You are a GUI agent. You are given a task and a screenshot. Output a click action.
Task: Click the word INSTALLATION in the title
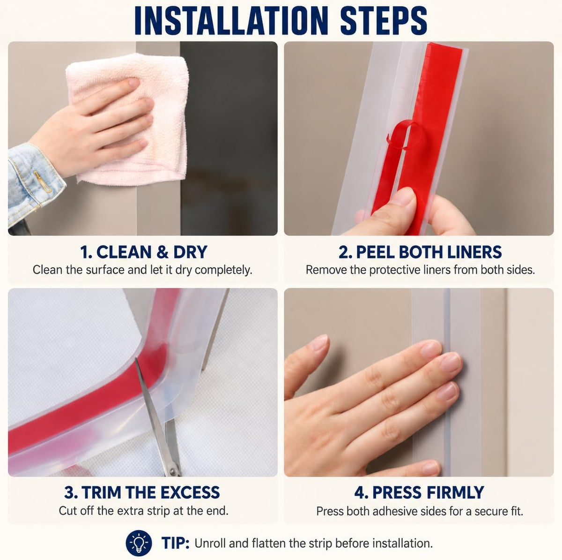point(230,21)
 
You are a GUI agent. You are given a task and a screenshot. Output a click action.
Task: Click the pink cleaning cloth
point(128,117)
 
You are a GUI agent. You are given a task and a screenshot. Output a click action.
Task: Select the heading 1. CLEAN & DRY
point(143,252)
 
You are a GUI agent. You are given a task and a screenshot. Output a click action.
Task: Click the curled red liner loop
point(406,135)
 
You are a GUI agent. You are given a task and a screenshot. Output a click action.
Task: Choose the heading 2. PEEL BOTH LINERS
point(420,252)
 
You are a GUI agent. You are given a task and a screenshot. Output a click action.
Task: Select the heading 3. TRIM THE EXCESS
point(142,492)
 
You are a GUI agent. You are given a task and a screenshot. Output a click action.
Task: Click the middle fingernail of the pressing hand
point(451,363)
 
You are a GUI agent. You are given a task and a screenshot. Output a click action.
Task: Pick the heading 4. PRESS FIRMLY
point(419,492)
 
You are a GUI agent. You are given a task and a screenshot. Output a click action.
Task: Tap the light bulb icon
point(139,543)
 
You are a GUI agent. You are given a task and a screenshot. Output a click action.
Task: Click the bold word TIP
point(176,543)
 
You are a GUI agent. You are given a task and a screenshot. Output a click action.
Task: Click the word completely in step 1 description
point(223,270)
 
